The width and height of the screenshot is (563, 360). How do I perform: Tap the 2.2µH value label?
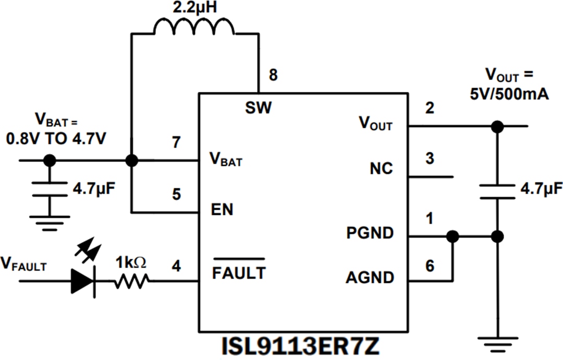pyautogui.click(x=194, y=8)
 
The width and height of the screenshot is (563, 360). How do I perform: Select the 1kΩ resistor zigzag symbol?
pyautogui.click(x=133, y=282)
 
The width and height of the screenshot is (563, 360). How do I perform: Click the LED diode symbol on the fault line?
pyautogui.click(x=83, y=282)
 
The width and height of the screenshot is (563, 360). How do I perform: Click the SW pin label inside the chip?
pyautogui.click(x=258, y=108)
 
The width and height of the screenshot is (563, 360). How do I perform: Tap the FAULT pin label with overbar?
pyautogui.click(x=239, y=272)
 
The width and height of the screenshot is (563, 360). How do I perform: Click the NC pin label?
pyautogui.click(x=381, y=169)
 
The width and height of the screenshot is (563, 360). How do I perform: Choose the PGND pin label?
pyautogui.click(x=370, y=233)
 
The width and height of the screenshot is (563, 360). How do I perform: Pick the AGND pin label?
pyautogui.click(x=370, y=278)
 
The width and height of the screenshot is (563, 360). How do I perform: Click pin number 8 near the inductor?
pyautogui.click(x=273, y=75)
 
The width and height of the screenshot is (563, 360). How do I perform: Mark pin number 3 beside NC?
pyautogui.click(x=430, y=159)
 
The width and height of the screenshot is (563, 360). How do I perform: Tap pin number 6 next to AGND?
pyautogui.click(x=430, y=266)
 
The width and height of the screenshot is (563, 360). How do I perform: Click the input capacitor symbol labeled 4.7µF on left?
pyautogui.click(x=50, y=189)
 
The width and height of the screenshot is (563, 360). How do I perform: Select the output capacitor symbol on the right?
pyautogui.click(x=498, y=191)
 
